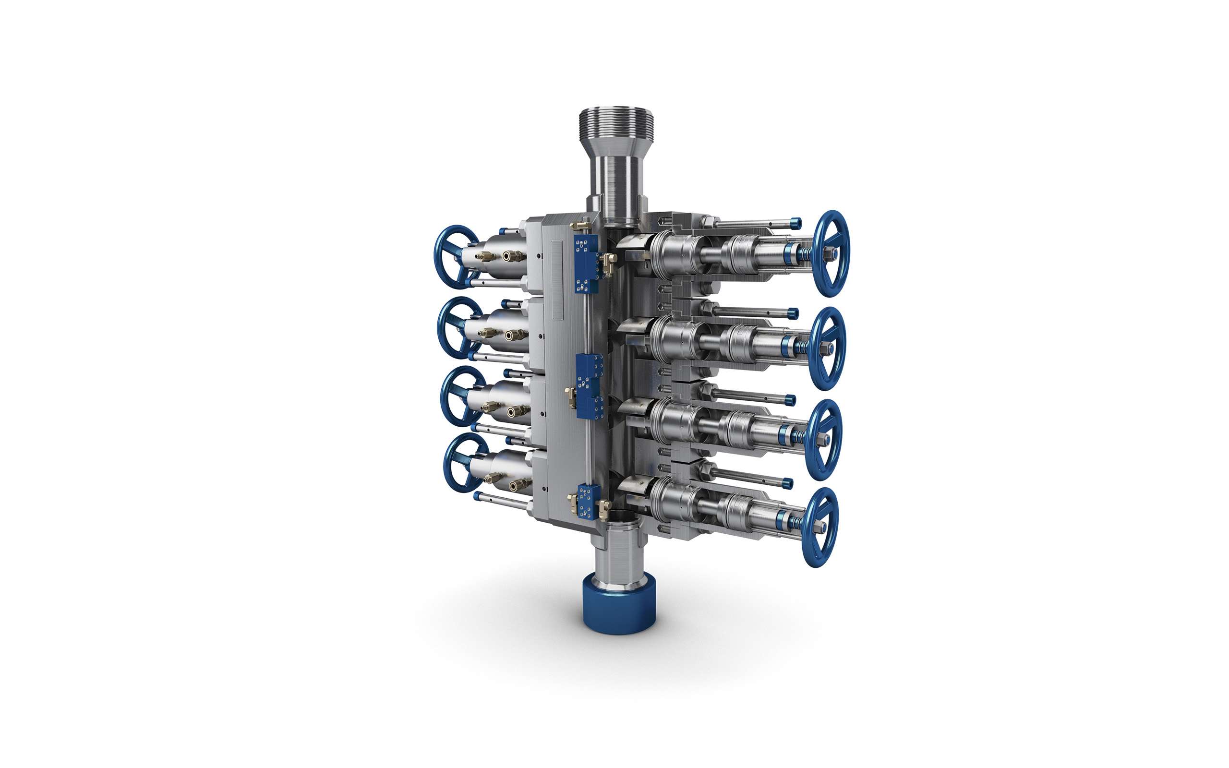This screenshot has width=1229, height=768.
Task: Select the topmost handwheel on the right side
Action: coord(833,253)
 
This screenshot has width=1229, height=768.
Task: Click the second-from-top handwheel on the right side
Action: coord(828,348)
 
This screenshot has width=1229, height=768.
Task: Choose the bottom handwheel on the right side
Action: coord(820,526)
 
